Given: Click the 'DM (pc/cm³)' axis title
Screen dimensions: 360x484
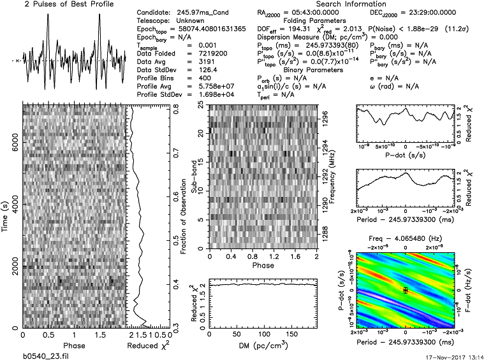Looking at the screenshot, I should point(262,345).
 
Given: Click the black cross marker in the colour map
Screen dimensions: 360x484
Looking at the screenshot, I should point(405,290).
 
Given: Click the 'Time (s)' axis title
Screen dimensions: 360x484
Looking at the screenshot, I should point(6,215).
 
